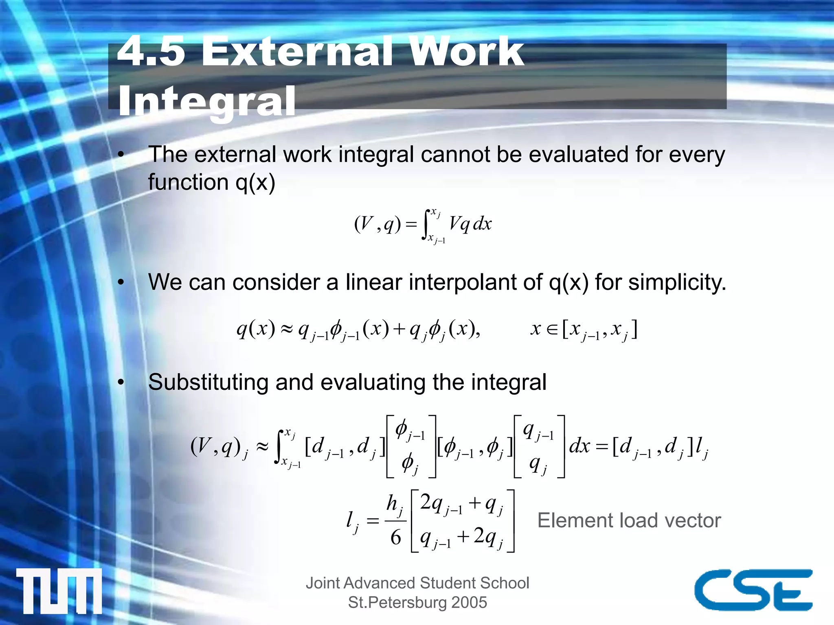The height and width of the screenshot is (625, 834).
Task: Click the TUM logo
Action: tap(59, 591)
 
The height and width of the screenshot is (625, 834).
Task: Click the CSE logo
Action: tap(753, 590)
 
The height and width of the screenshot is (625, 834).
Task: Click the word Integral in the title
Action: tap(206, 101)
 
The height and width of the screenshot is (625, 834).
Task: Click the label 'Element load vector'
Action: tap(629, 520)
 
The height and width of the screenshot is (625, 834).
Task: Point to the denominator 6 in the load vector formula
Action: tap(395, 538)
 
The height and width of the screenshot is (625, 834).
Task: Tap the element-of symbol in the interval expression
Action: tap(552, 329)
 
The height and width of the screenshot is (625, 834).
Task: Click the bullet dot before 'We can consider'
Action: tap(121, 283)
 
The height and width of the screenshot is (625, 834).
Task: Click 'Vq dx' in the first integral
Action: tap(470, 224)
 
